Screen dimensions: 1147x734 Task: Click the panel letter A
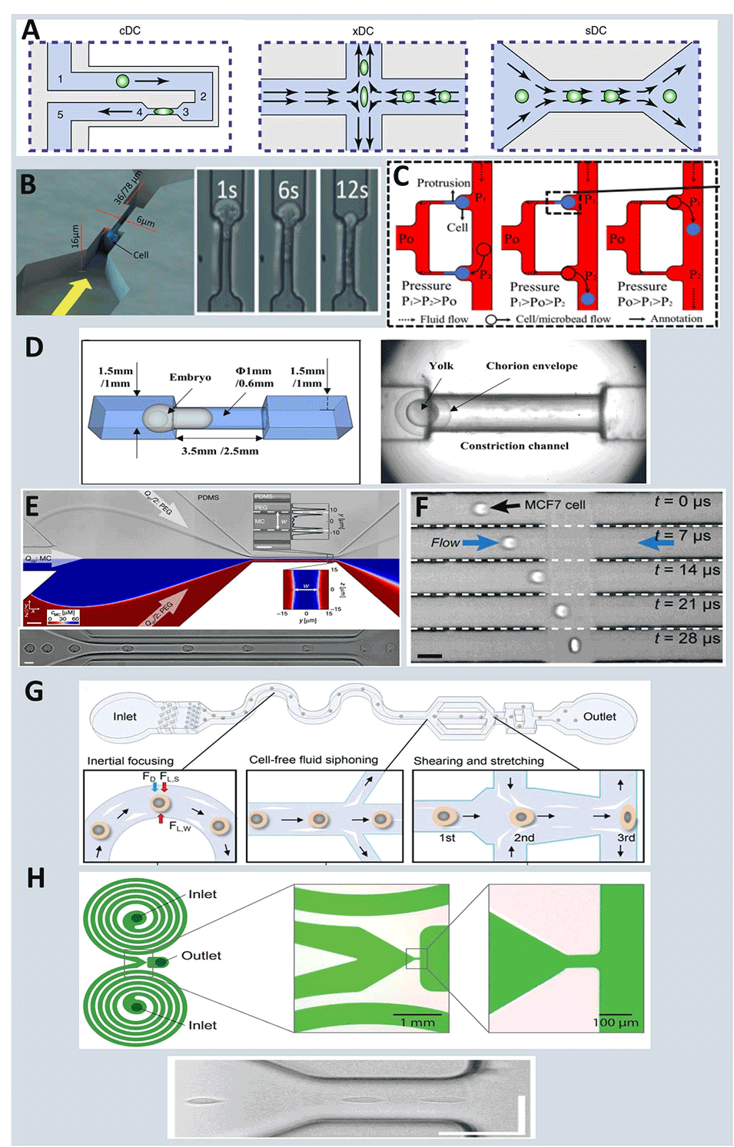click(31, 30)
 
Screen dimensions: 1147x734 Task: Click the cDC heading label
click(130, 31)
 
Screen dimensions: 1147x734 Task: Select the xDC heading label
click(363, 31)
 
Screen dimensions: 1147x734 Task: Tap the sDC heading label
click(596, 31)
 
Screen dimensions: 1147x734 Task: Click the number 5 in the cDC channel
click(60, 115)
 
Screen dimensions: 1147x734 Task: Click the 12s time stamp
click(351, 190)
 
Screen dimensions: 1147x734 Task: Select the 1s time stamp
click(227, 190)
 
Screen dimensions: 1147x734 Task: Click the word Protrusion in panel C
click(443, 183)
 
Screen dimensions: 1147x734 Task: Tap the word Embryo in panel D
click(190, 377)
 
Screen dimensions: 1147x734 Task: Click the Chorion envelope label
click(531, 366)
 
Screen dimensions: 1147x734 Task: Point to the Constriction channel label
click(514, 446)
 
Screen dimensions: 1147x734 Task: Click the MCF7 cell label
click(554, 505)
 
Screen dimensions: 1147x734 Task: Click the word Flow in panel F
click(445, 542)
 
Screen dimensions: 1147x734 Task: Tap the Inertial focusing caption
click(130, 761)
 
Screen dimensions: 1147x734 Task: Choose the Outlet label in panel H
click(201, 956)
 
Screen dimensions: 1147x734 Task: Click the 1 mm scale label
click(417, 1023)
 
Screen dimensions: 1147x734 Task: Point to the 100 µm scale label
click(615, 1023)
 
